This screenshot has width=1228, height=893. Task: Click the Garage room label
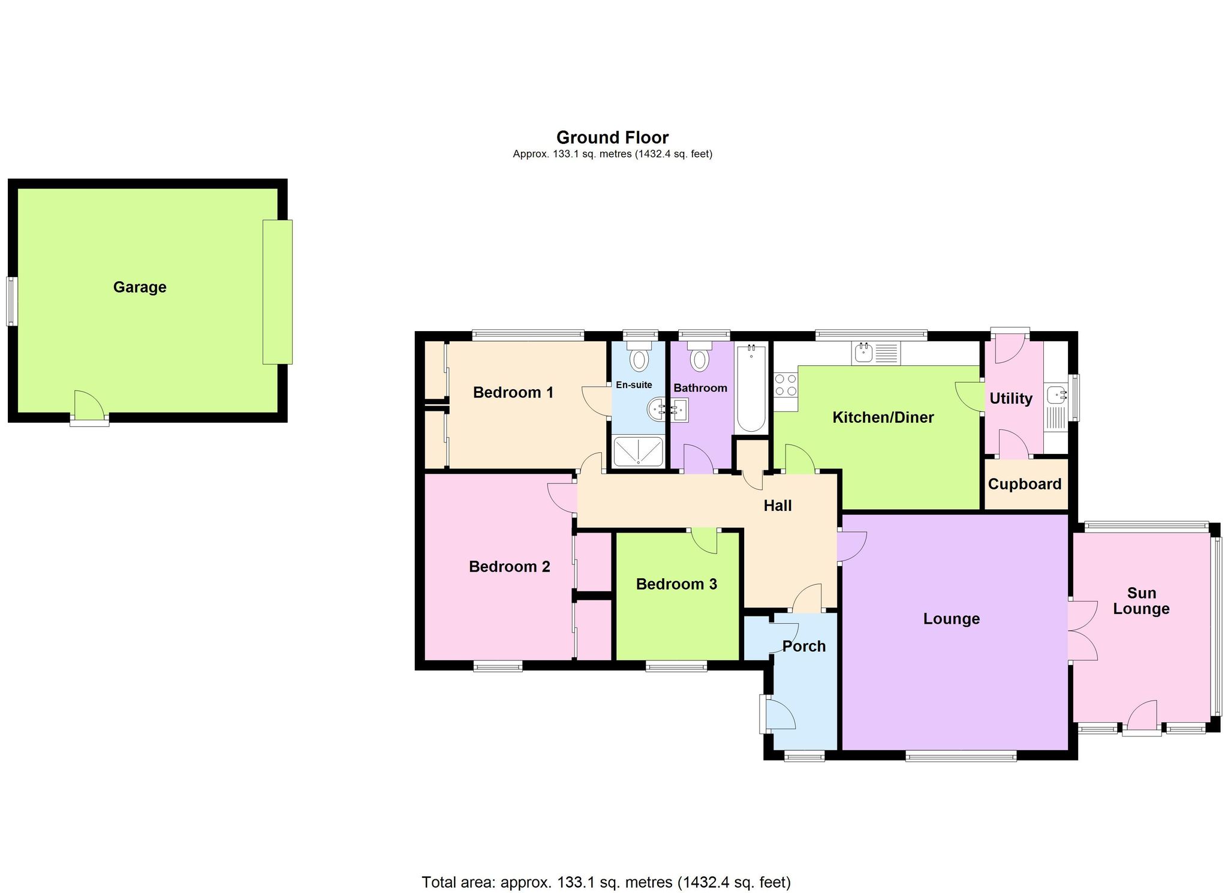pyautogui.click(x=140, y=287)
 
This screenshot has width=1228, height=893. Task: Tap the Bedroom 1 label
pyautogui.click(x=513, y=393)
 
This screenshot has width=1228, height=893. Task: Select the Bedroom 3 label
pyautogui.click(x=676, y=584)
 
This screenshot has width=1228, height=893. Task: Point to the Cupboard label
pyautogui.click(x=1024, y=484)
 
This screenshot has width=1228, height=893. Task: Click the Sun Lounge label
pyautogui.click(x=1141, y=601)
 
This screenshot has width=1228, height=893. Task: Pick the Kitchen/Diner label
pyautogui.click(x=883, y=417)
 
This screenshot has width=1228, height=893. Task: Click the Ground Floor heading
pyautogui.click(x=612, y=138)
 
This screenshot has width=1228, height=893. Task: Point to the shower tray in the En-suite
pyautogui.click(x=638, y=452)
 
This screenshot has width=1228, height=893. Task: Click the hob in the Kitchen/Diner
pyautogui.click(x=785, y=385)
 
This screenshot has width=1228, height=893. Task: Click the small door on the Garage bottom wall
pyautogui.click(x=89, y=408)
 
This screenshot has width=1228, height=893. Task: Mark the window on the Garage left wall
pyautogui.click(x=11, y=301)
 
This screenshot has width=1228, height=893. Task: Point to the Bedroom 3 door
pyautogui.click(x=705, y=539)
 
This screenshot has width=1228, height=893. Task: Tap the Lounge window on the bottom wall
pyautogui.click(x=961, y=757)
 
